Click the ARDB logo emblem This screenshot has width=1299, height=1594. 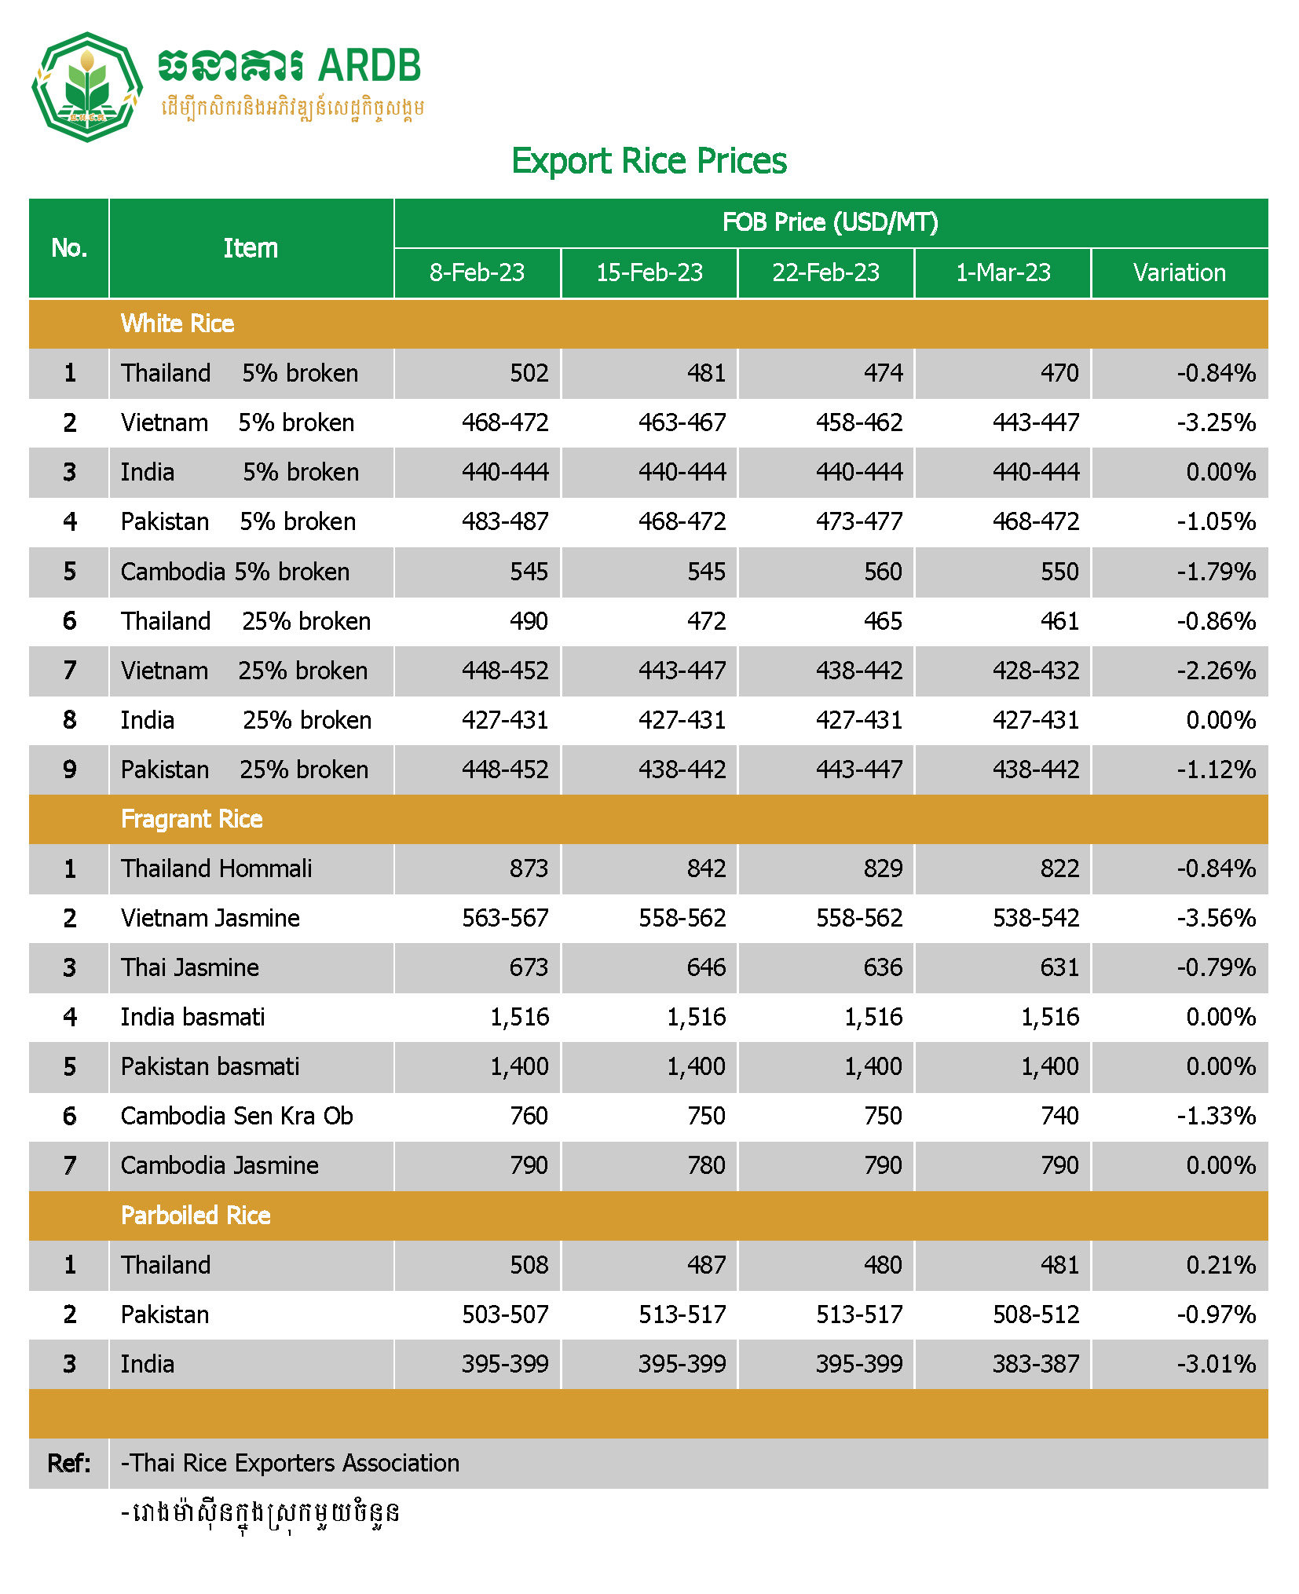point(86,87)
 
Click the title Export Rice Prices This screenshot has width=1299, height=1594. point(649,161)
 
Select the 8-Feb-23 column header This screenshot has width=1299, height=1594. point(477,272)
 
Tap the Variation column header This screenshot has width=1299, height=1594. point(1179,272)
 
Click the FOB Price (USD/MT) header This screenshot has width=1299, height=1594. point(830,223)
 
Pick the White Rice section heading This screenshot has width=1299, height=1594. point(177,324)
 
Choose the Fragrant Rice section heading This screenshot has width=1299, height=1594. point(192,819)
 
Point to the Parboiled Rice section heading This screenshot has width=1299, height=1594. point(196,1216)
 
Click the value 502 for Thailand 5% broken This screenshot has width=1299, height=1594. point(529,373)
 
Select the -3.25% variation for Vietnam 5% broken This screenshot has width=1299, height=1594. point(1216,422)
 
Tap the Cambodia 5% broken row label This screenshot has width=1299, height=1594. point(235,572)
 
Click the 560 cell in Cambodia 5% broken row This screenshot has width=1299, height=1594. point(883,572)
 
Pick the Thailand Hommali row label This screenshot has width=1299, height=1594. point(216,868)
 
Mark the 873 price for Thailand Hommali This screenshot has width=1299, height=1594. point(529,868)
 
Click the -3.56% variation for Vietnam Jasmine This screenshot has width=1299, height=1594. point(1216,918)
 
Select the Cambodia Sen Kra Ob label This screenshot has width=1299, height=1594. point(236,1116)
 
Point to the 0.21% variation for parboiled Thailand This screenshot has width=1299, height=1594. point(1220,1265)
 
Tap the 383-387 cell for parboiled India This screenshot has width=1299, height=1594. point(1036,1364)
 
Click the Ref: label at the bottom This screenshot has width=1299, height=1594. point(69,1463)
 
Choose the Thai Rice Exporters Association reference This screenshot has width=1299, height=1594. point(290,1463)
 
